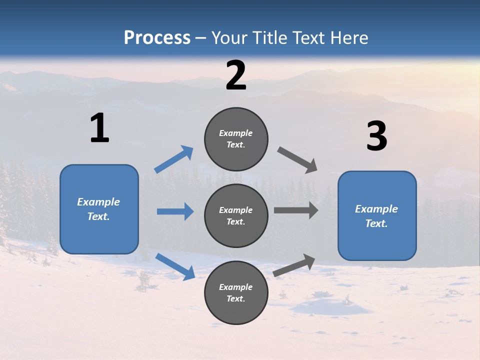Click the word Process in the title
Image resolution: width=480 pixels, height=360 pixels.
(x=157, y=37)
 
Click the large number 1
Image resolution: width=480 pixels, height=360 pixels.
(x=99, y=128)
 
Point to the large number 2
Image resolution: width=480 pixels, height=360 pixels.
(x=236, y=75)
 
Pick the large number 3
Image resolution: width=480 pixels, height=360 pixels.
(x=376, y=136)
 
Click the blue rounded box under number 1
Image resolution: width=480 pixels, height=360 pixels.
(x=99, y=209)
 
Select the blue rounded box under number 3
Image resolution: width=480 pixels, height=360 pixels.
(x=377, y=216)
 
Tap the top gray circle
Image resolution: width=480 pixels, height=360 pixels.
(x=236, y=139)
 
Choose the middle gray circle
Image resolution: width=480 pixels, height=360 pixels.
(x=236, y=215)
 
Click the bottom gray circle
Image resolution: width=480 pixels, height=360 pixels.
(x=236, y=292)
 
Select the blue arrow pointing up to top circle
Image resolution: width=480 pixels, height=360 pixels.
(x=174, y=159)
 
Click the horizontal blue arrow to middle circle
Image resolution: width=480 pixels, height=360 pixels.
(x=175, y=211)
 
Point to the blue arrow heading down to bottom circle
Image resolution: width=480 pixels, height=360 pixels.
(x=175, y=266)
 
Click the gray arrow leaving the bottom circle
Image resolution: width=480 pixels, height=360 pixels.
(x=294, y=265)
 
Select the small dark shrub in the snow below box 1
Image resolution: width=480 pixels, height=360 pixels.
(x=144, y=280)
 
